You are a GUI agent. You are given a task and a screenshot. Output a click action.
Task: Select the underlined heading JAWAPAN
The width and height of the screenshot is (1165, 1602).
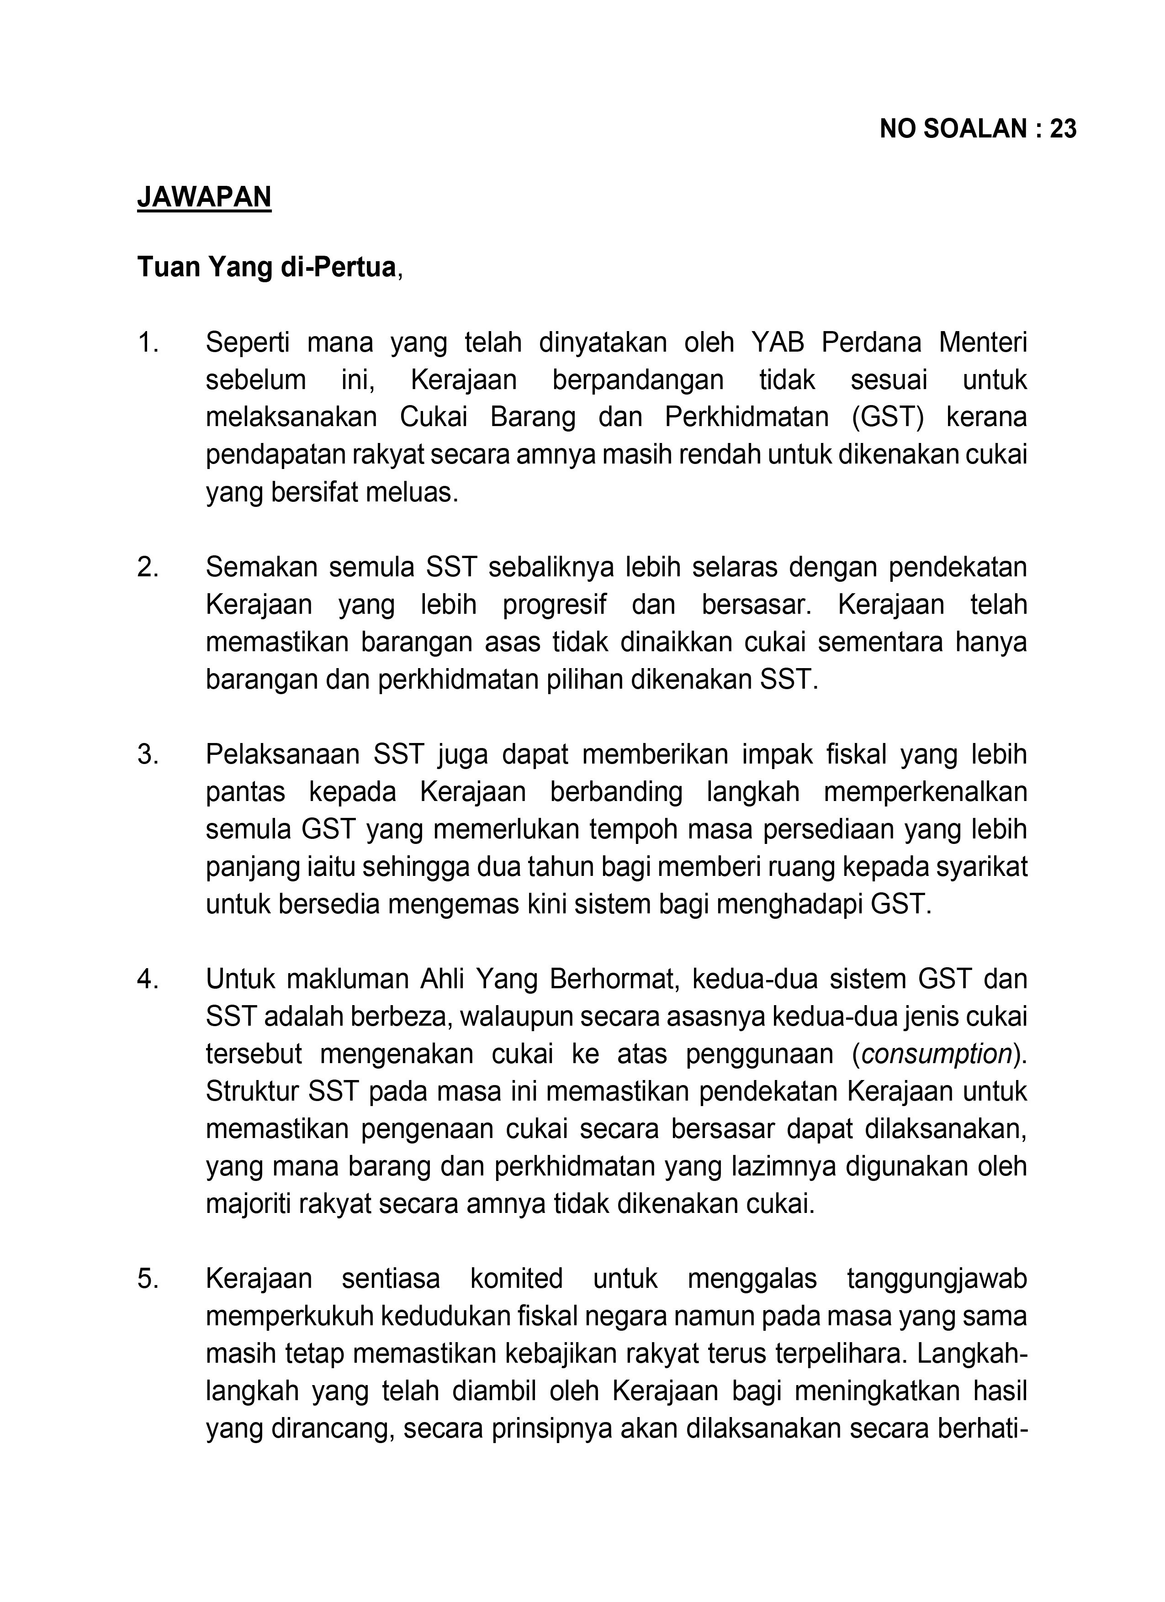pyautogui.click(x=204, y=196)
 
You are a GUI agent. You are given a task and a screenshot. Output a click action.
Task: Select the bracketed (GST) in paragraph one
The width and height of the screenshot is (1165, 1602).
pyautogui.click(x=888, y=417)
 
